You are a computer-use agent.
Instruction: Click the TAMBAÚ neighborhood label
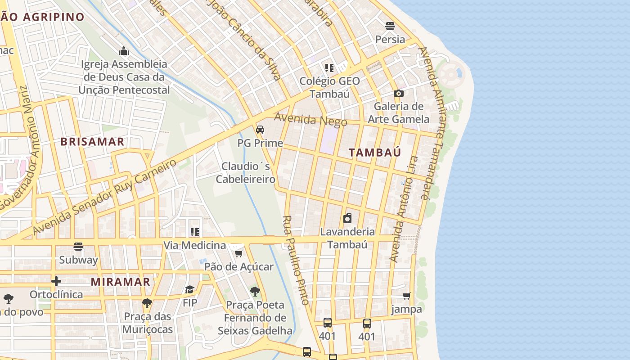point(375,153)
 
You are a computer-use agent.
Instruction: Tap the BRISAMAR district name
point(92,142)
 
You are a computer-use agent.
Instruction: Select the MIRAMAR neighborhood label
point(121,282)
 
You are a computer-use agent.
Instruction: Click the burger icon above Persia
point(390,26)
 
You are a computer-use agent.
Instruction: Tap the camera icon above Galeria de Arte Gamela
point(398,94)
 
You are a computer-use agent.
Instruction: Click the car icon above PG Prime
point(260,130)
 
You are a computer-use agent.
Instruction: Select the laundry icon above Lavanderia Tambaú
point(347,219)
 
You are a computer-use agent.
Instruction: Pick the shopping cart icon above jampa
point(407,296)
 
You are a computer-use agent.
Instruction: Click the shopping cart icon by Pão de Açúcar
point(239,254)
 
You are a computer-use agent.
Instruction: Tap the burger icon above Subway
point(78,247)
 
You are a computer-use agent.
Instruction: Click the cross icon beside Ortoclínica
point(56,281)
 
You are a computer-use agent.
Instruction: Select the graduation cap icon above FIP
point(190,289)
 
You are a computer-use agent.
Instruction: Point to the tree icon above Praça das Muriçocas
point(147,303)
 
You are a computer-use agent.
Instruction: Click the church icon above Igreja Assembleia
point(124,51)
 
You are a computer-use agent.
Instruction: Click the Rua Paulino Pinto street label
point(296,260)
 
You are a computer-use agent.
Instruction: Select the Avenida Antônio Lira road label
point(404,209)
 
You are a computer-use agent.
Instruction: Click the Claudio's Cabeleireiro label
point(246,173)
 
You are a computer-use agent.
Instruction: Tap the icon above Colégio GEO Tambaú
point(329,68)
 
